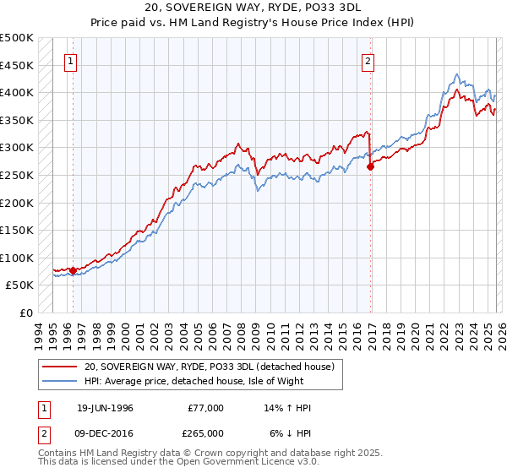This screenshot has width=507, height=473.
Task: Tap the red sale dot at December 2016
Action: click(x=370, y=167)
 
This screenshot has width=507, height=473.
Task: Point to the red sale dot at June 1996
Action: click(x=74, y=270)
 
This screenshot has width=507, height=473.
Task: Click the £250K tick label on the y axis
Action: click(x=17, y=175)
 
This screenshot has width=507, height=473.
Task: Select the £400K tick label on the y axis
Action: click(x=17, y=93)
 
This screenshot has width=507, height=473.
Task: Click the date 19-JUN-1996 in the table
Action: click(x=105, y=408)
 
